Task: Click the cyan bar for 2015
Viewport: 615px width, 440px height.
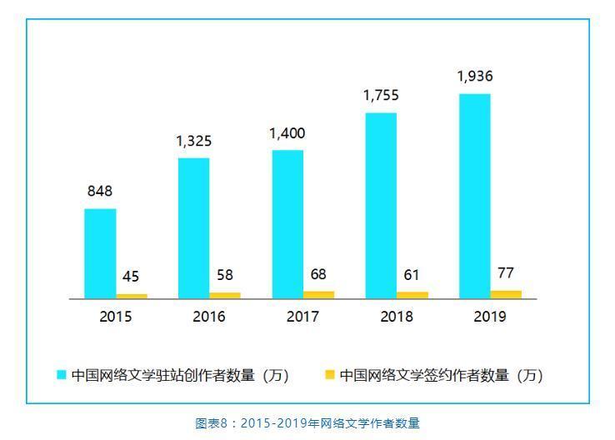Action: tap(100, 253)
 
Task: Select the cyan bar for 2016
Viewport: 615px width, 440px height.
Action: tap(193, 227)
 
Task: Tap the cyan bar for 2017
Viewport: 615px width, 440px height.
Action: tap(287, 224)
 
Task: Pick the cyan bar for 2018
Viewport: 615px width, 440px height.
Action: tap(381, 205)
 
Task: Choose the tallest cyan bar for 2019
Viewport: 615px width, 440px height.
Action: tap(474, 196)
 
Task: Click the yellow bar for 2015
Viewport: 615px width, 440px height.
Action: tap(132, 296)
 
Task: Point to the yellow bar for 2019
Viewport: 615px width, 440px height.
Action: tap(506, 294)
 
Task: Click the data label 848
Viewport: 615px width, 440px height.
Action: tap(100, 192)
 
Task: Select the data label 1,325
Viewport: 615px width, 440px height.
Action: tap(193, 141)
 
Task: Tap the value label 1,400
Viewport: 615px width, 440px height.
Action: tap(287, 133)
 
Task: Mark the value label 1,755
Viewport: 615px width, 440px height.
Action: tap(381, 96)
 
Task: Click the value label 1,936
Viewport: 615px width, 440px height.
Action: tap(474, 77)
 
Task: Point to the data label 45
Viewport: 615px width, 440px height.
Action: tap(131, 277)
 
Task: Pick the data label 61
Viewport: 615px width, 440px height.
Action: tap(412, 275)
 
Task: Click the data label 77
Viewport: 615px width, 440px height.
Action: tap(505, 272)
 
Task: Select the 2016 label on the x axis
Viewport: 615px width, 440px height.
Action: tap(209, 317)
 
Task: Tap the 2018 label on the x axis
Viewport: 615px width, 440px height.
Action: tap(397, 317)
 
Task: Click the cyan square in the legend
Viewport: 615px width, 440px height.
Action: tap(61, 375)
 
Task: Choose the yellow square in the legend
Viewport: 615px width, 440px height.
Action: tap(329, 375)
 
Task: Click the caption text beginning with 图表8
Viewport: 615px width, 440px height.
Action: tap(307, 423)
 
